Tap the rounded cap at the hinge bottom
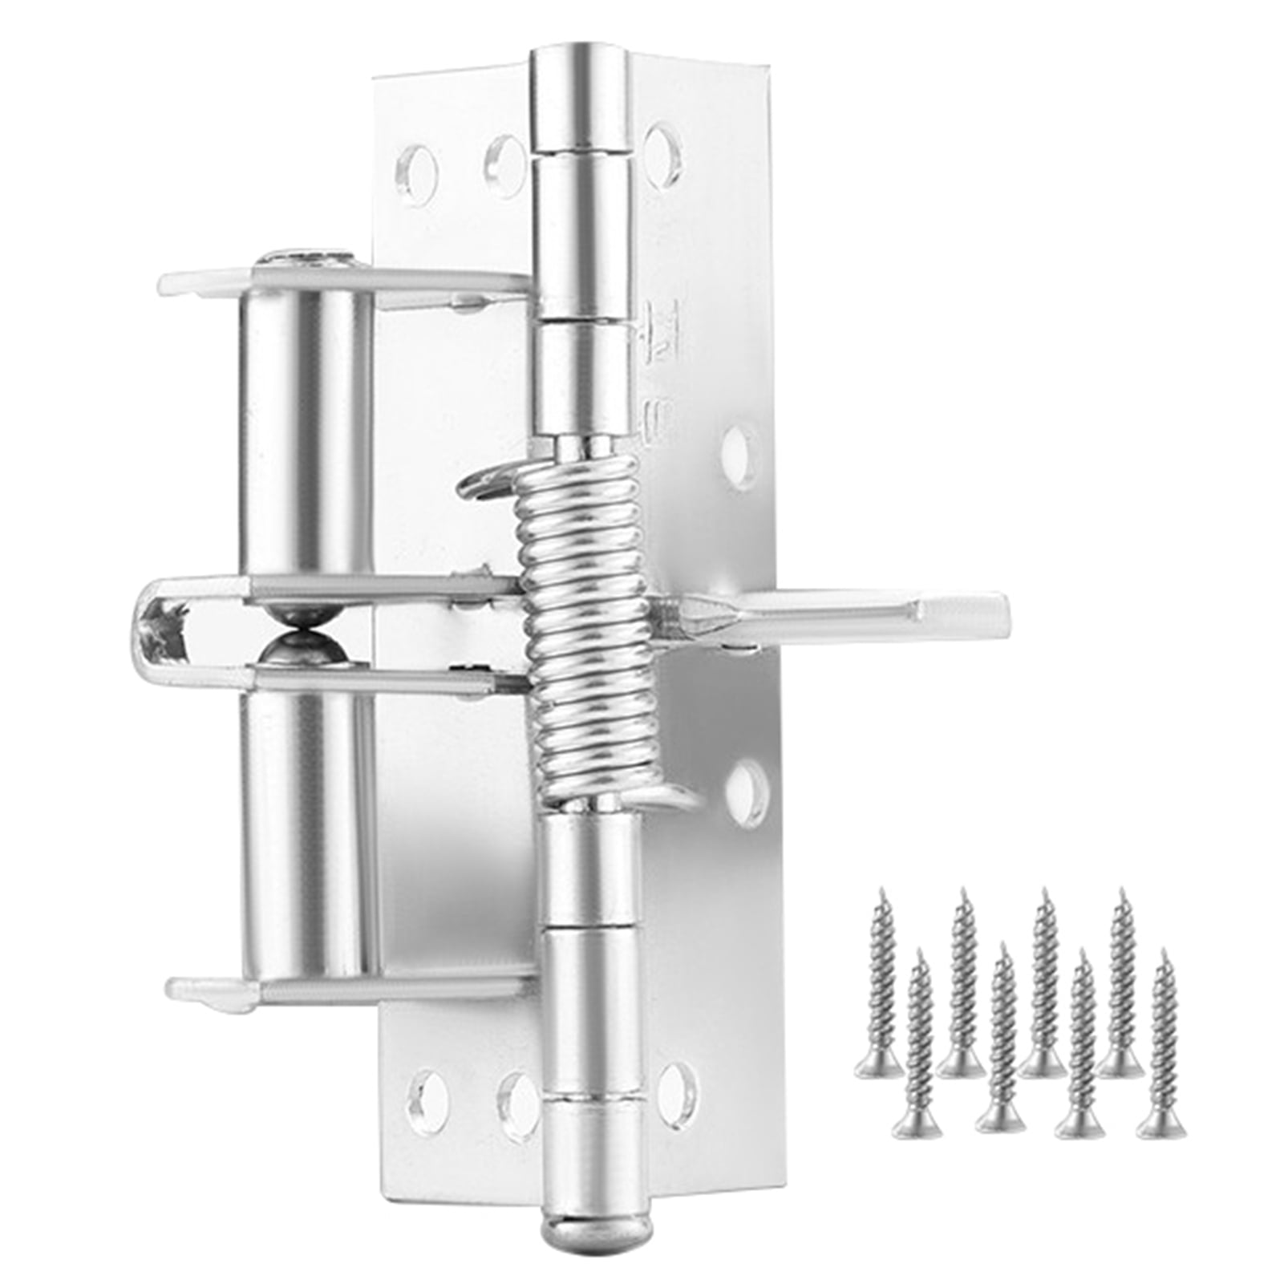[x=576, y=1198]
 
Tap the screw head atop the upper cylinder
[x=309, y=258]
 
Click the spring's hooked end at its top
[x=481, y=486]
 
